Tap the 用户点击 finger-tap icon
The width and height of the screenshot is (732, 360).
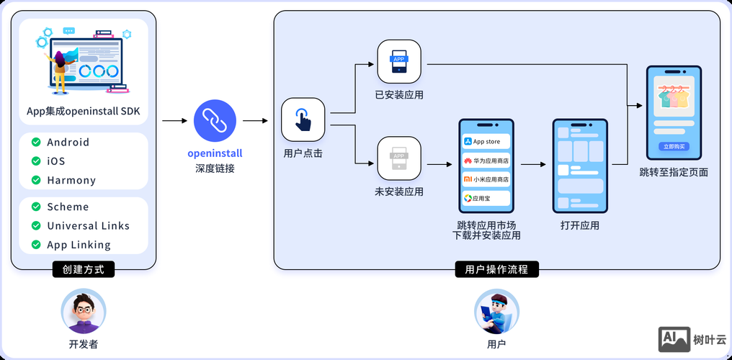click(x=303, y=120)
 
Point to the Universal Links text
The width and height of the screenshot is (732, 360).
click(x=88, y=226)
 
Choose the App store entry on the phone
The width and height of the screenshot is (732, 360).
click(x=486, y=142)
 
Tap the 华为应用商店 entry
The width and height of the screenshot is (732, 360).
click(x=486, y=161)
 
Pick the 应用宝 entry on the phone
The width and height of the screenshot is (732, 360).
click(x=486, y=198)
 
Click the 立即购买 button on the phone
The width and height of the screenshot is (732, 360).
click(x=674, y=146)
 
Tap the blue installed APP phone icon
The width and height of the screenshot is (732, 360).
click(x=398, y=63)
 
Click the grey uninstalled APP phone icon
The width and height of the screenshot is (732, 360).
click(x=398, y=158)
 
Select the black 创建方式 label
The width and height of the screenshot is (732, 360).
click(x=84, y=270)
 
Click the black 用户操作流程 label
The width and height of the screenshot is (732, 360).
click(x=496, y=270)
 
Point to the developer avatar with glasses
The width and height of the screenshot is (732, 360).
click(x=84, y=311)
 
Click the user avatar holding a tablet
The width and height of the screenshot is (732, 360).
click(x=496, y=311)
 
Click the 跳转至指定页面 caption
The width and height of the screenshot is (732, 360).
click(x=674, y=172)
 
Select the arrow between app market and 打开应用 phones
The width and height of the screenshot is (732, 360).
click(x=532, y=165)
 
